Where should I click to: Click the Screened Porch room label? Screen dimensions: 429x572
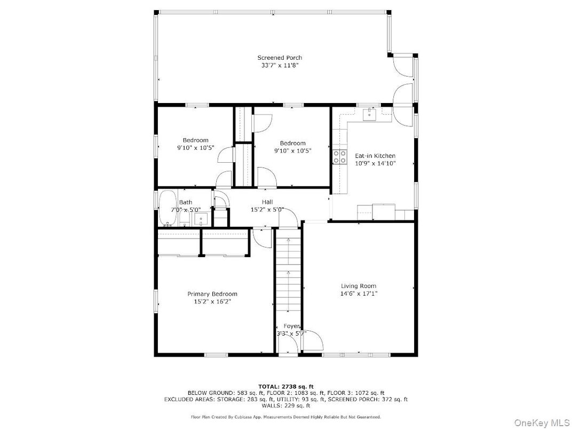pos(280,58)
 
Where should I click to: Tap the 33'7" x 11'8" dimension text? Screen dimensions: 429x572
pos(280,65)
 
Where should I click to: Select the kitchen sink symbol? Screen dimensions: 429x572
pos(369,114)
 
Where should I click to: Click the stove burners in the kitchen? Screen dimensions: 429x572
pos(338,156)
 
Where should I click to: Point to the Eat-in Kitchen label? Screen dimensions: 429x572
pos(375,156)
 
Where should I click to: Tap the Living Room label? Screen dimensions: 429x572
pos(358,286)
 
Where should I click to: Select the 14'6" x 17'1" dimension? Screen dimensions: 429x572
pos(358,293)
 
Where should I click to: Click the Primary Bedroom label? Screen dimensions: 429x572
pos(212,294)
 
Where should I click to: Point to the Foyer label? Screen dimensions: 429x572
pos(291,326)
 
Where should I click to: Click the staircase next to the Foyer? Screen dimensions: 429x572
pos(288,272)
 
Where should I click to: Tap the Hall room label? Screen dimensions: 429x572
pos(267,202)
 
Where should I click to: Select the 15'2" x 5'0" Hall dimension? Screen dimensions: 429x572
pos(267,210)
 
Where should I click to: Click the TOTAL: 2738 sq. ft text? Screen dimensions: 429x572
pos(285,386)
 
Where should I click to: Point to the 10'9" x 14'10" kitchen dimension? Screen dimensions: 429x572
pos(375,163)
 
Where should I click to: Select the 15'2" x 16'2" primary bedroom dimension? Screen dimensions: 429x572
pos(212,301)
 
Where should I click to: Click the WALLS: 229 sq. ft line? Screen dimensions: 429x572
pos(285,406)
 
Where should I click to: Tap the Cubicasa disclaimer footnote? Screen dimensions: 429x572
pos(285,417)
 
